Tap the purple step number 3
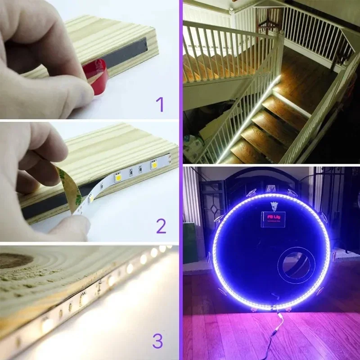click(157, 342)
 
